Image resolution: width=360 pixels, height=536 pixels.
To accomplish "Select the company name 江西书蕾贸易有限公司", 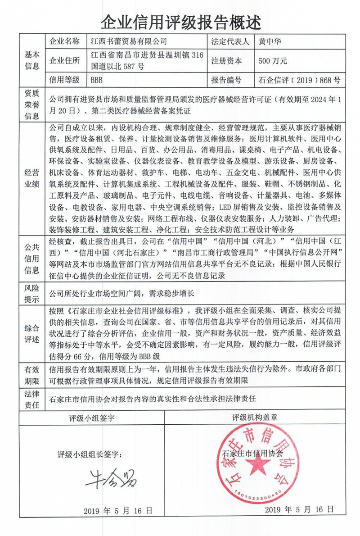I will [122, 42].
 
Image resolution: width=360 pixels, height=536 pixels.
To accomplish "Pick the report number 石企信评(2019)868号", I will [300, 80].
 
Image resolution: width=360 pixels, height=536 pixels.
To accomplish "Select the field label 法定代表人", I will [229, 42].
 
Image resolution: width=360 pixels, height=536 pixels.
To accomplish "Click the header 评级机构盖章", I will [255, 417].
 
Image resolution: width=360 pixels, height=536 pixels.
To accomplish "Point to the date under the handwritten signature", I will [118, 510].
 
